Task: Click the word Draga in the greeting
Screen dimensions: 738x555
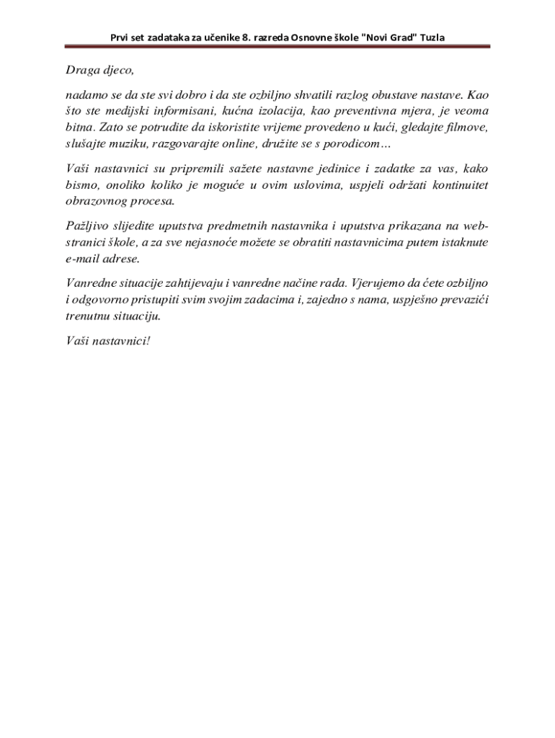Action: coord(74,71)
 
